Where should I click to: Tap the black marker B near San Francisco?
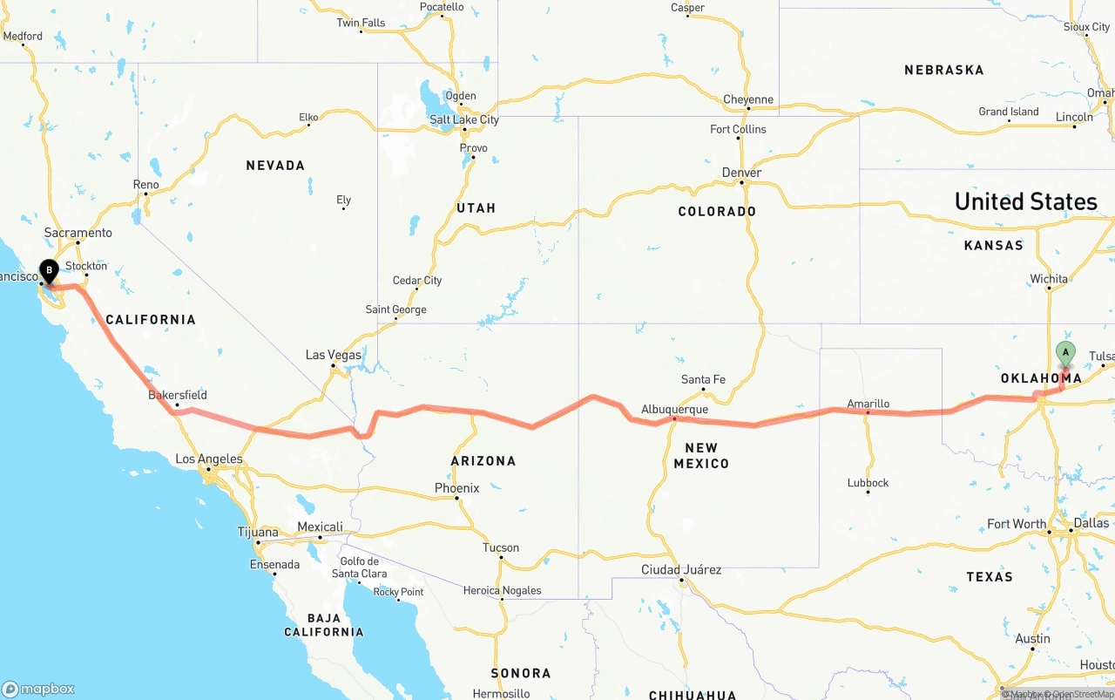(50, 271)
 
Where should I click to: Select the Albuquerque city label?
(674, 409)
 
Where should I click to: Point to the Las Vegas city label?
(333, 355)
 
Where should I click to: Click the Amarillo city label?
(868, 404)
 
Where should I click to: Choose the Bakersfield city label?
(178, 395)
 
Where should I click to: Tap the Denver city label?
(741, 173)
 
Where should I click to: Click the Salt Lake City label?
(464, 119)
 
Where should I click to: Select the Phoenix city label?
(457, 488)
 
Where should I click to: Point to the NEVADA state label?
(275, 166)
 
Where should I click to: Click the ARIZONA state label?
(483, 460)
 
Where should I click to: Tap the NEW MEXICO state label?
(701, 455)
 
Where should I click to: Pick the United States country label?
(1025, 201)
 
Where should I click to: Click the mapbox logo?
(38, 689)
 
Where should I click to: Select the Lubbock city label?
(868, 482)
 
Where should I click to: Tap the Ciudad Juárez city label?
(681, 569)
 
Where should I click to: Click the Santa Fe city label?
(703, 379)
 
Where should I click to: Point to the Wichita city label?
(1049, 279)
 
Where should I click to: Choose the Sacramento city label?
(78, 233)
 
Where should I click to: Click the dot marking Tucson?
(501, 559)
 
